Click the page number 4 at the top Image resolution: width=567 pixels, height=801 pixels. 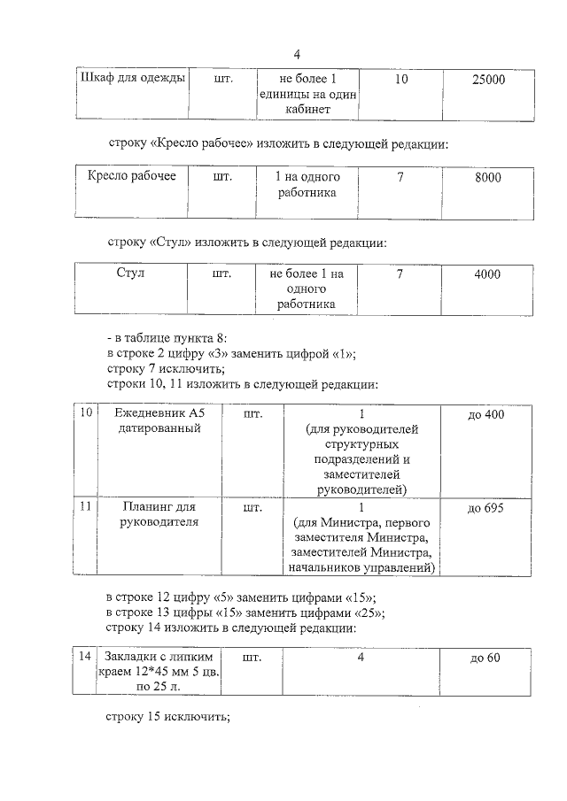tap(298, 52)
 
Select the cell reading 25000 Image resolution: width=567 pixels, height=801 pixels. tap(488, 80)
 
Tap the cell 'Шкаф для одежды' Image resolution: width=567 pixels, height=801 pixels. tap(133, 79)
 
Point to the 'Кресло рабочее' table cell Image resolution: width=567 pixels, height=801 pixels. tap(133, 177)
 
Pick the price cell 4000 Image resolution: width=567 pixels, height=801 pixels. tap(487, 274)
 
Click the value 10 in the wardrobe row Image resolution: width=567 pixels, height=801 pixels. tap(400, 80)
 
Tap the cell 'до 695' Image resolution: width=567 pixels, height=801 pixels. tap(485, 508)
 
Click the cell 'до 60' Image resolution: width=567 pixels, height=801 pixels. tap(485, 657)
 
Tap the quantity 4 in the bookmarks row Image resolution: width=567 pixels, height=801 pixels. tap(361, 657)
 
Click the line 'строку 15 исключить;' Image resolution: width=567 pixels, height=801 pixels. tap(167, 717)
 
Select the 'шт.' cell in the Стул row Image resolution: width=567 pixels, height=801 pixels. tap(221, 274)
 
